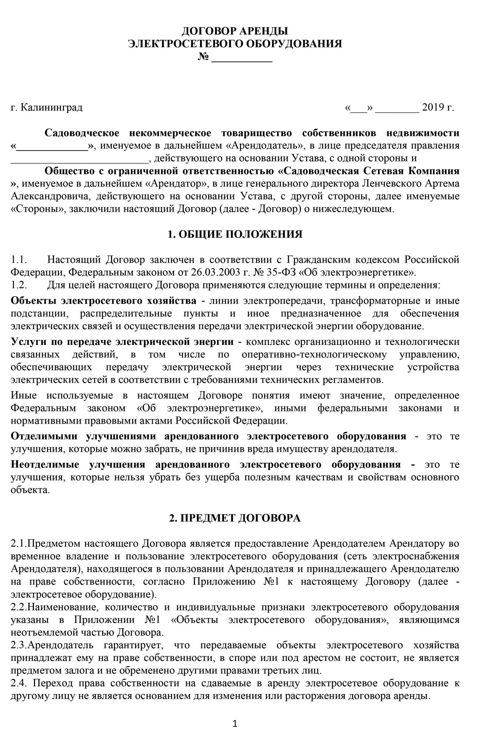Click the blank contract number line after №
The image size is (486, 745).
click(242, 59)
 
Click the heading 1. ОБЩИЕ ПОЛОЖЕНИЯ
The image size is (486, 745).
click(235, 234)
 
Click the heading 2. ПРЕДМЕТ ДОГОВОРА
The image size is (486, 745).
click(235, 518)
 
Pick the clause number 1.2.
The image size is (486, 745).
click(17, 285)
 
